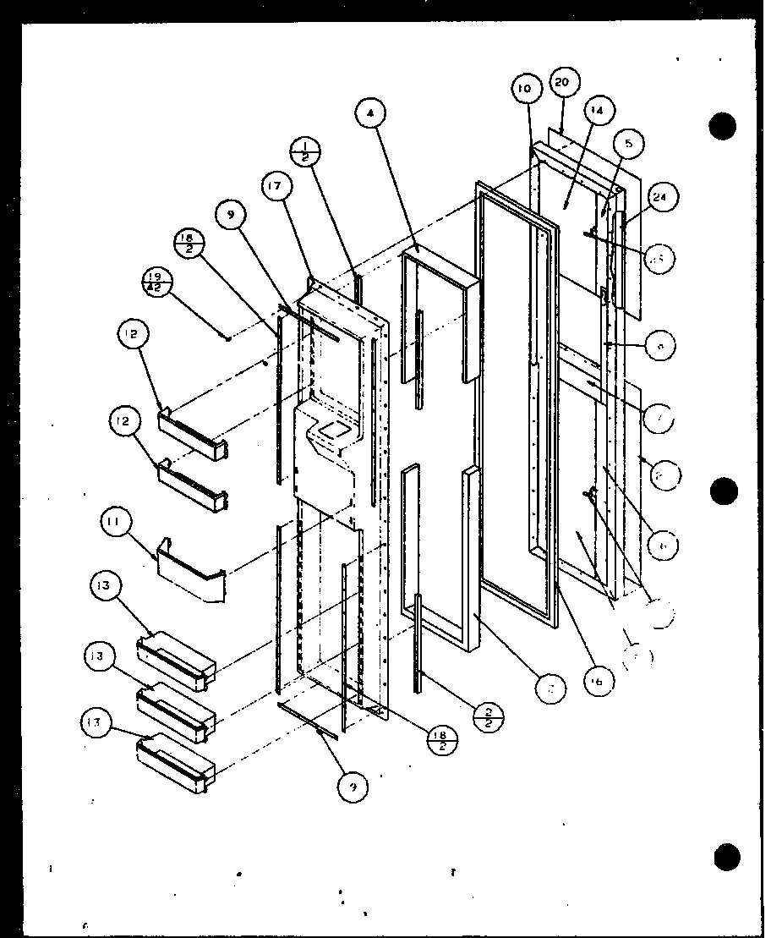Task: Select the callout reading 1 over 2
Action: coord(303,153)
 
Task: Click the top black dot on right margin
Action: coord(723,127)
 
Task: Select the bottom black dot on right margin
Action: coord(726,856)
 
